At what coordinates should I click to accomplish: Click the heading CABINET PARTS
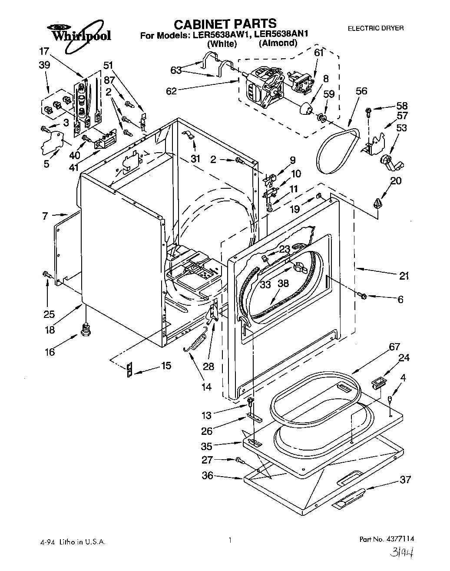225,23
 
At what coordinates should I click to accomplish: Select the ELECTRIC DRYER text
376,28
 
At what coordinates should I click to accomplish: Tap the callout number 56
361,91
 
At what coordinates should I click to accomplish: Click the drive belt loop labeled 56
337,150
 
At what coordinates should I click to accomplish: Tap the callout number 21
404,276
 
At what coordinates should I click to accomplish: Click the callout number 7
45,216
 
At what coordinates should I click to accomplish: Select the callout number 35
207,446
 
